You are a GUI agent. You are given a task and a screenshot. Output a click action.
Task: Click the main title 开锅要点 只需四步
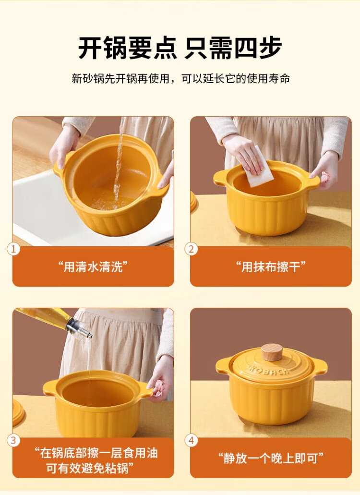tap(180, 48)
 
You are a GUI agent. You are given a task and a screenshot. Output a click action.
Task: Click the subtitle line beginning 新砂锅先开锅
tap(180, 78)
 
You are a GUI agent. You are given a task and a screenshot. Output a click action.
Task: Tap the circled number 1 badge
tap(13, 249)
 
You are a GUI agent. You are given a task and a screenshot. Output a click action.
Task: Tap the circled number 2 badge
tap(191, 249)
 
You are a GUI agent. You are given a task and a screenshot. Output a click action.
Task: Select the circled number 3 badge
tap(13, 440)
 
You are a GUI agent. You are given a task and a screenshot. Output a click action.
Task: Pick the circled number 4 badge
tap(191, 440)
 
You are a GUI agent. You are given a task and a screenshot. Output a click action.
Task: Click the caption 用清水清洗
tap(93, 267)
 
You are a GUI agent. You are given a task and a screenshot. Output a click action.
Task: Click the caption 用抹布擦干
tap(271, 267)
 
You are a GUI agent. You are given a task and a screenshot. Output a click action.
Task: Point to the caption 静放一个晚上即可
tap(271, 458)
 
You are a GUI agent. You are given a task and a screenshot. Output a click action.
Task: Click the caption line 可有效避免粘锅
tap(90, 468)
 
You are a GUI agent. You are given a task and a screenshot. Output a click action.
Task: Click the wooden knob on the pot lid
tap(272, 352)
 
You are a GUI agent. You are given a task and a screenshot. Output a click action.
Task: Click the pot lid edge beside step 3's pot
tap(18, 412)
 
